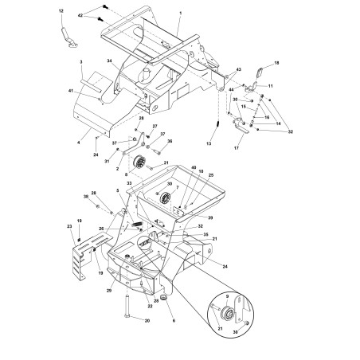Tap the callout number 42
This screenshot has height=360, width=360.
point(80,16)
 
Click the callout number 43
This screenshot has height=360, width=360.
point(238,71)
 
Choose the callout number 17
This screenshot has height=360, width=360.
point(237,147)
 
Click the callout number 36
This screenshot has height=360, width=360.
point(170,141)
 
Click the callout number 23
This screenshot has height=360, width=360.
point(70,226)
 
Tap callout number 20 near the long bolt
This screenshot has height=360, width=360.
point(147,320)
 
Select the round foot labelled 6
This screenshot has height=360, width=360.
point(163,297)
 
